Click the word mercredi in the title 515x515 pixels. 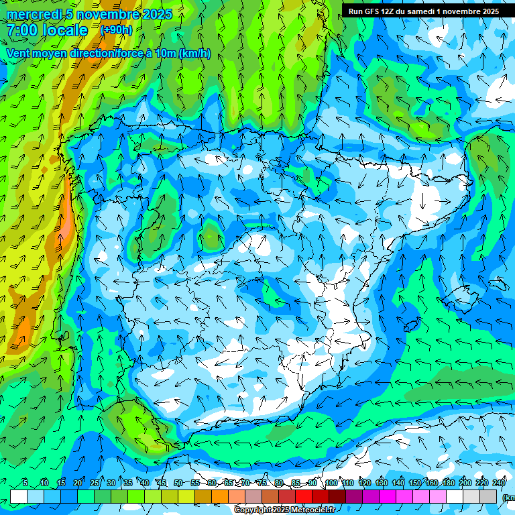pos(34,14)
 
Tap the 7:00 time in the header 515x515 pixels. pos(21,30)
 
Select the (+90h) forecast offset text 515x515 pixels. pos(116,30)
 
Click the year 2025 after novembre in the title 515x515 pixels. pos(156,14)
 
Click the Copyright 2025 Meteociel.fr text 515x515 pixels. pos(284,510)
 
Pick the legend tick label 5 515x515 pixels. pos(25,483)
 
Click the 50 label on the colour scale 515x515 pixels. pos(178,483)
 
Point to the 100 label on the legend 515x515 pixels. pos(331,483)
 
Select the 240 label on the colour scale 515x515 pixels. pos(498,483)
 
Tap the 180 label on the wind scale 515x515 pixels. pos(448,483)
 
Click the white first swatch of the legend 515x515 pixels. pos(19,496)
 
